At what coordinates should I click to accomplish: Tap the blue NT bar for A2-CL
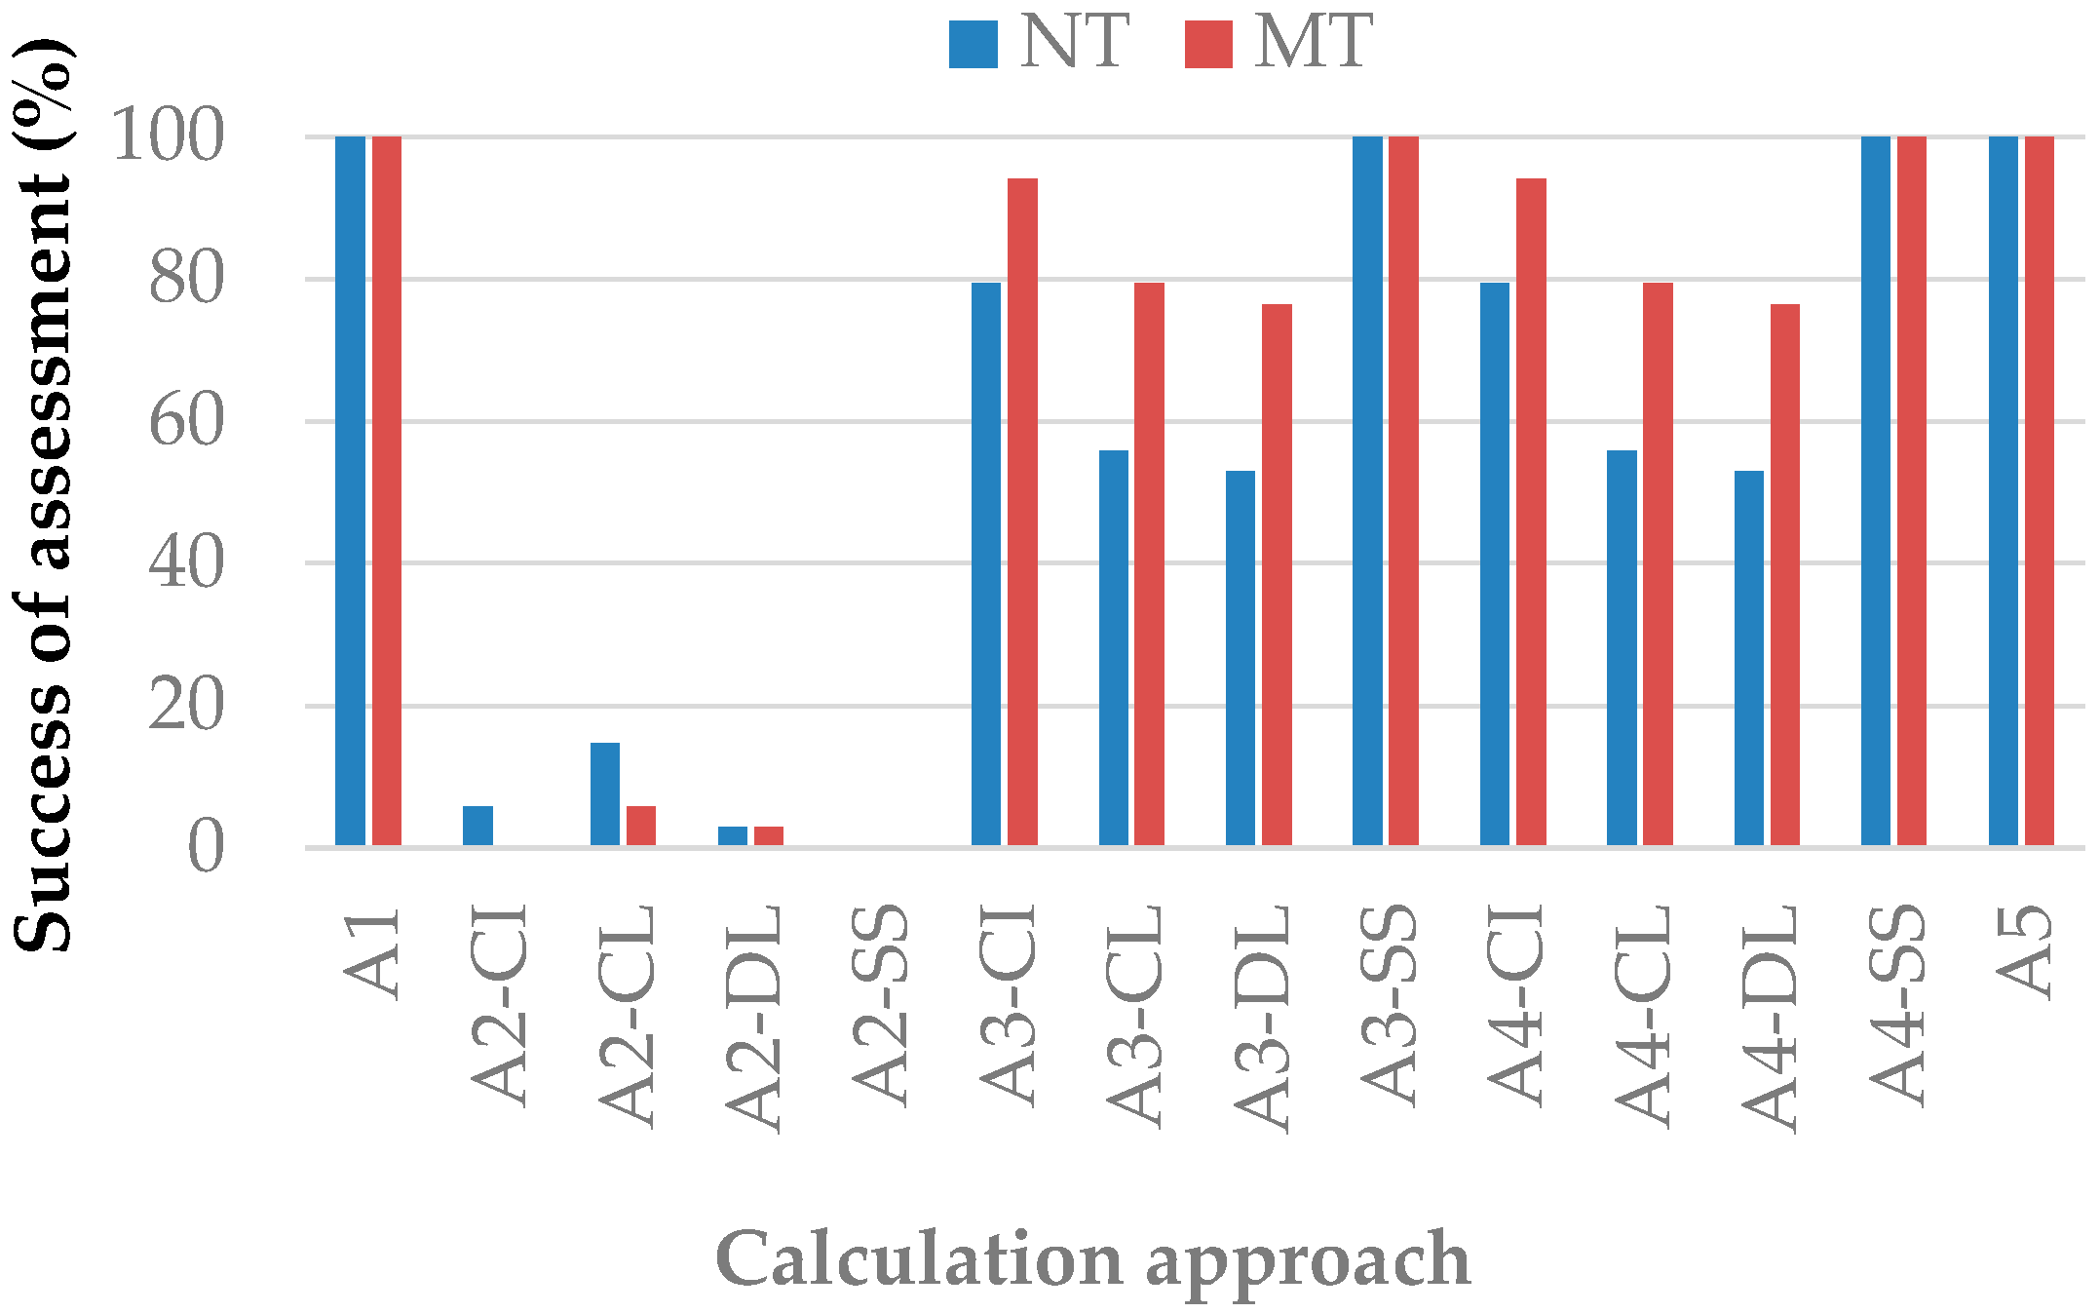pyautogui.click(x=605, y=793)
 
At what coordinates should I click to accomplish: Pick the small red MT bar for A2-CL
pyautogui.click(x=641, y=826)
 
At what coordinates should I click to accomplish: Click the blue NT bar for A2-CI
pyautogui.click(x=477, y=826)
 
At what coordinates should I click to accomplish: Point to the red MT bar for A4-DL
pyautogui.click(x=1785, y=575)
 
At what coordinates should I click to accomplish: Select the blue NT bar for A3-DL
pyautogui.click(x=1241, y=658)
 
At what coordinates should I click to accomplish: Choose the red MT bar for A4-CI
pyautogui.click(x=1531, y=512)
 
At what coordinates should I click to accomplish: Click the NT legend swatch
pyautogui.click(x=974, y=45)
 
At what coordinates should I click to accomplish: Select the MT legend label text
pyautogui.click(x=1314, y=43)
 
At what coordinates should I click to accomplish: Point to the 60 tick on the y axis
pyautogui.click(x=186, y=422)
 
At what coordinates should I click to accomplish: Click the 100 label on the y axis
pyautogui.click(x=168, y=136)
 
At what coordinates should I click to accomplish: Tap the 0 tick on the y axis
pyautogui.click(x=206, y=848)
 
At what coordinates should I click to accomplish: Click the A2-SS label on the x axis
pyautogui.click(x=880, y=1006)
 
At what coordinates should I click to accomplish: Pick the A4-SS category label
pyautogui.click(x=1896, y=1006)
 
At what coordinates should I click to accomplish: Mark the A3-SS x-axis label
pyautogui.click(x=1388, y=1006)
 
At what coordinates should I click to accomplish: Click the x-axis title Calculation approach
pyautogui.click(x=1092, y=1260)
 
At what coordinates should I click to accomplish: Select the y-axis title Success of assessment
pyautogui.click(x=43, y=495)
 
